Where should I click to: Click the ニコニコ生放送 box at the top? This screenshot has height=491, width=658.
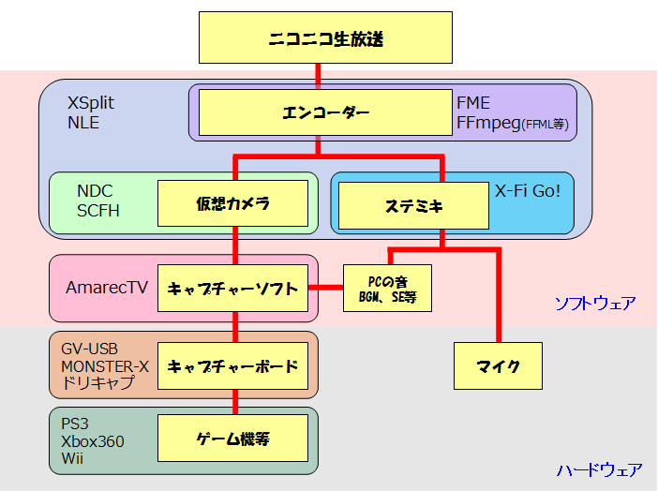[325, 38]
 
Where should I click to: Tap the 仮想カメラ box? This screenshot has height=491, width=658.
[232, 204]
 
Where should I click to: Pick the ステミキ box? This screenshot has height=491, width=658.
[413, 205]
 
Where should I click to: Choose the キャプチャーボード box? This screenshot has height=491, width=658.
[232, 366]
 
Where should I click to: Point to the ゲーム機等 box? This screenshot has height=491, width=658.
[232, 438]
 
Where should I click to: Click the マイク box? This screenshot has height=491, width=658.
[499, 366]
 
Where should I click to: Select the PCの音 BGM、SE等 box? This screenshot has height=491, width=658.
[387, 288]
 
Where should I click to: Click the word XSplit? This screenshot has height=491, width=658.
[91, 104]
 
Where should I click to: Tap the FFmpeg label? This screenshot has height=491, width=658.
[488, 123]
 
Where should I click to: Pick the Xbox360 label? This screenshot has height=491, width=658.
[92, 441]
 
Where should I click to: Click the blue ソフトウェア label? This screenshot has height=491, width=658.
[595, 304]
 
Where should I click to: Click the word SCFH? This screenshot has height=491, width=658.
[98, 211]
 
